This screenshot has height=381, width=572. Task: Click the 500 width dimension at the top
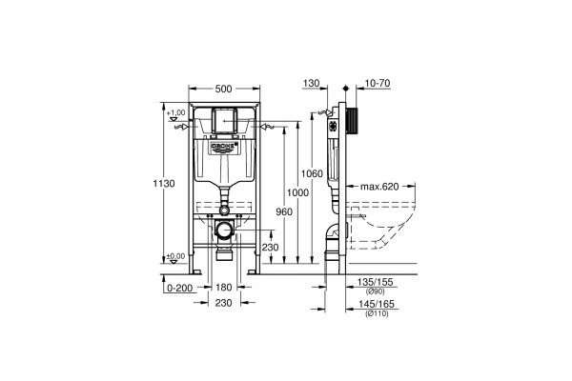[224, 89]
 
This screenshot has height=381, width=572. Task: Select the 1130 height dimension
[167, 184]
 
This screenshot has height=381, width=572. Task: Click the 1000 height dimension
[299, 192]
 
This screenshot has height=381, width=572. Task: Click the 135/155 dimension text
[374, 282]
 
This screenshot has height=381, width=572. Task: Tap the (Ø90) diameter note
[374, 291]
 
